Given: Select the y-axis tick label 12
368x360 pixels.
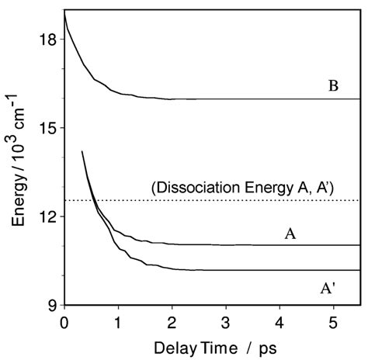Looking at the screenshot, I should pyautogui.click(x=47, y=216).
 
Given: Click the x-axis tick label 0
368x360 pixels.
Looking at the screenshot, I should pyautogui.click(x=64, y=320).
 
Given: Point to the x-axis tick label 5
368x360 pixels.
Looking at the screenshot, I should pyautogui.click(x=333, y=320).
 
